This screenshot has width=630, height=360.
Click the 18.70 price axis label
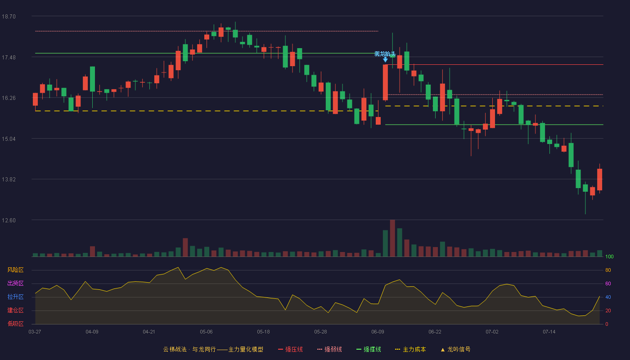click(9, 17)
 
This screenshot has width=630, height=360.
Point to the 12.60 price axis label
click(9, 220)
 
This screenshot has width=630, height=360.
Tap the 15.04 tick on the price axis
click(9, 139)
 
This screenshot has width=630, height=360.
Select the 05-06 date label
click(206, 332)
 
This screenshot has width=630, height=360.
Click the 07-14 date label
click(549, 332)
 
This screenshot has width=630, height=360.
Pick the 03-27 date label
click(35, 332)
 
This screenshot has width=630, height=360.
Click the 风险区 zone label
click(15, 270)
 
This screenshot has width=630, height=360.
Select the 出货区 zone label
click(15, 283)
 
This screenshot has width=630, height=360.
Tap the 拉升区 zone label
click(15, 297)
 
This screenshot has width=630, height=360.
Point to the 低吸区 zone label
click(15, 324)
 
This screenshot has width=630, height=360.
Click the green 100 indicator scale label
click(609, 256)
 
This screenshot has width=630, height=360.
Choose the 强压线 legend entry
click(290, 349)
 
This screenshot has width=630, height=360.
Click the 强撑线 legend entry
click(369, 349)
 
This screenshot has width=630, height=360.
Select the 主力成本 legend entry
click(410, 349)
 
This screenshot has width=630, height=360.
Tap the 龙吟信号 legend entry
click(455, 349)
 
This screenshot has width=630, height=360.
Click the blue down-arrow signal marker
click(385, 59)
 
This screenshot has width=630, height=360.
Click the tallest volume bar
click(392, 238)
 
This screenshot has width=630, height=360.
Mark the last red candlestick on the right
click(599, 180)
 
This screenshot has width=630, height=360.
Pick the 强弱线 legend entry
click(329, 349)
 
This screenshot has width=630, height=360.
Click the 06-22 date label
click(435, 332)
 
